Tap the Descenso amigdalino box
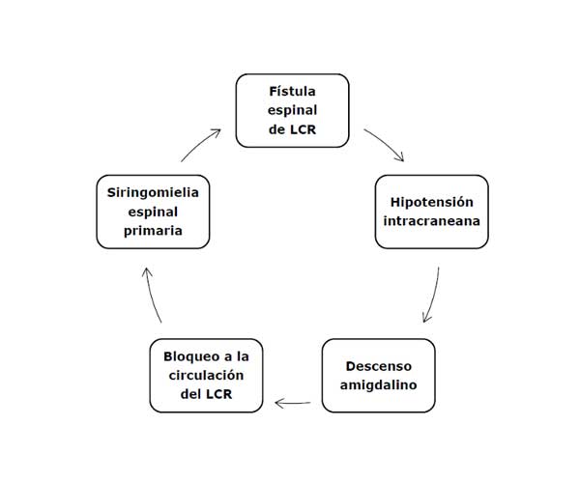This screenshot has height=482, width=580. click(378, 375)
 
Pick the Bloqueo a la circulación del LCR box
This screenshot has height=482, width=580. click(206, 375)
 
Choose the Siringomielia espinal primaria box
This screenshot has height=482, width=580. click(153, 211)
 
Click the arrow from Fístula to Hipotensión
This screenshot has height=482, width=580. click(385, 145)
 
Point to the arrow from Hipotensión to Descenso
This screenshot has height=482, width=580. click(433, 296)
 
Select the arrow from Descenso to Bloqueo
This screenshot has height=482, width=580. click(292, 402)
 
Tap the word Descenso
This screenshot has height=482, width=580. click(378, 365)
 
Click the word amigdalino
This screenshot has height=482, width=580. click(378, 384)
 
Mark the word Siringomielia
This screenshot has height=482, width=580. click(153, 191)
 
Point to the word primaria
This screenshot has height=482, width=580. click(153, 231)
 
